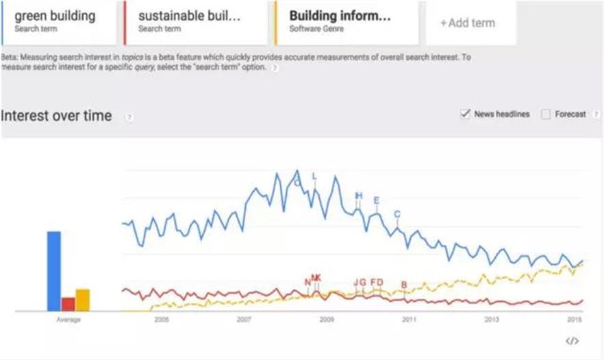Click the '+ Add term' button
coord(467,23)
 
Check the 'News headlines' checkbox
coord(466,114)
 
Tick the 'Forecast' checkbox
coord(546,114)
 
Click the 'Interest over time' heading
coord(57,116)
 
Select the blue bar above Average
coord(53,270)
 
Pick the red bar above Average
coord(68,303)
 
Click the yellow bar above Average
coord(82,299)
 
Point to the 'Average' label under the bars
coord(68,320)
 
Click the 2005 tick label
coord(162,320)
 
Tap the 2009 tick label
coord(327,320)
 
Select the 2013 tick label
coord(492,320)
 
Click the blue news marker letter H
coord(358,196)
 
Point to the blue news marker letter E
coord(376,200)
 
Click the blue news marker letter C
coord(397,214)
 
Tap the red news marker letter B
coord(404,285)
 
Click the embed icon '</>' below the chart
coord(572,341)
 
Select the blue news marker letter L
coord(314,177)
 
